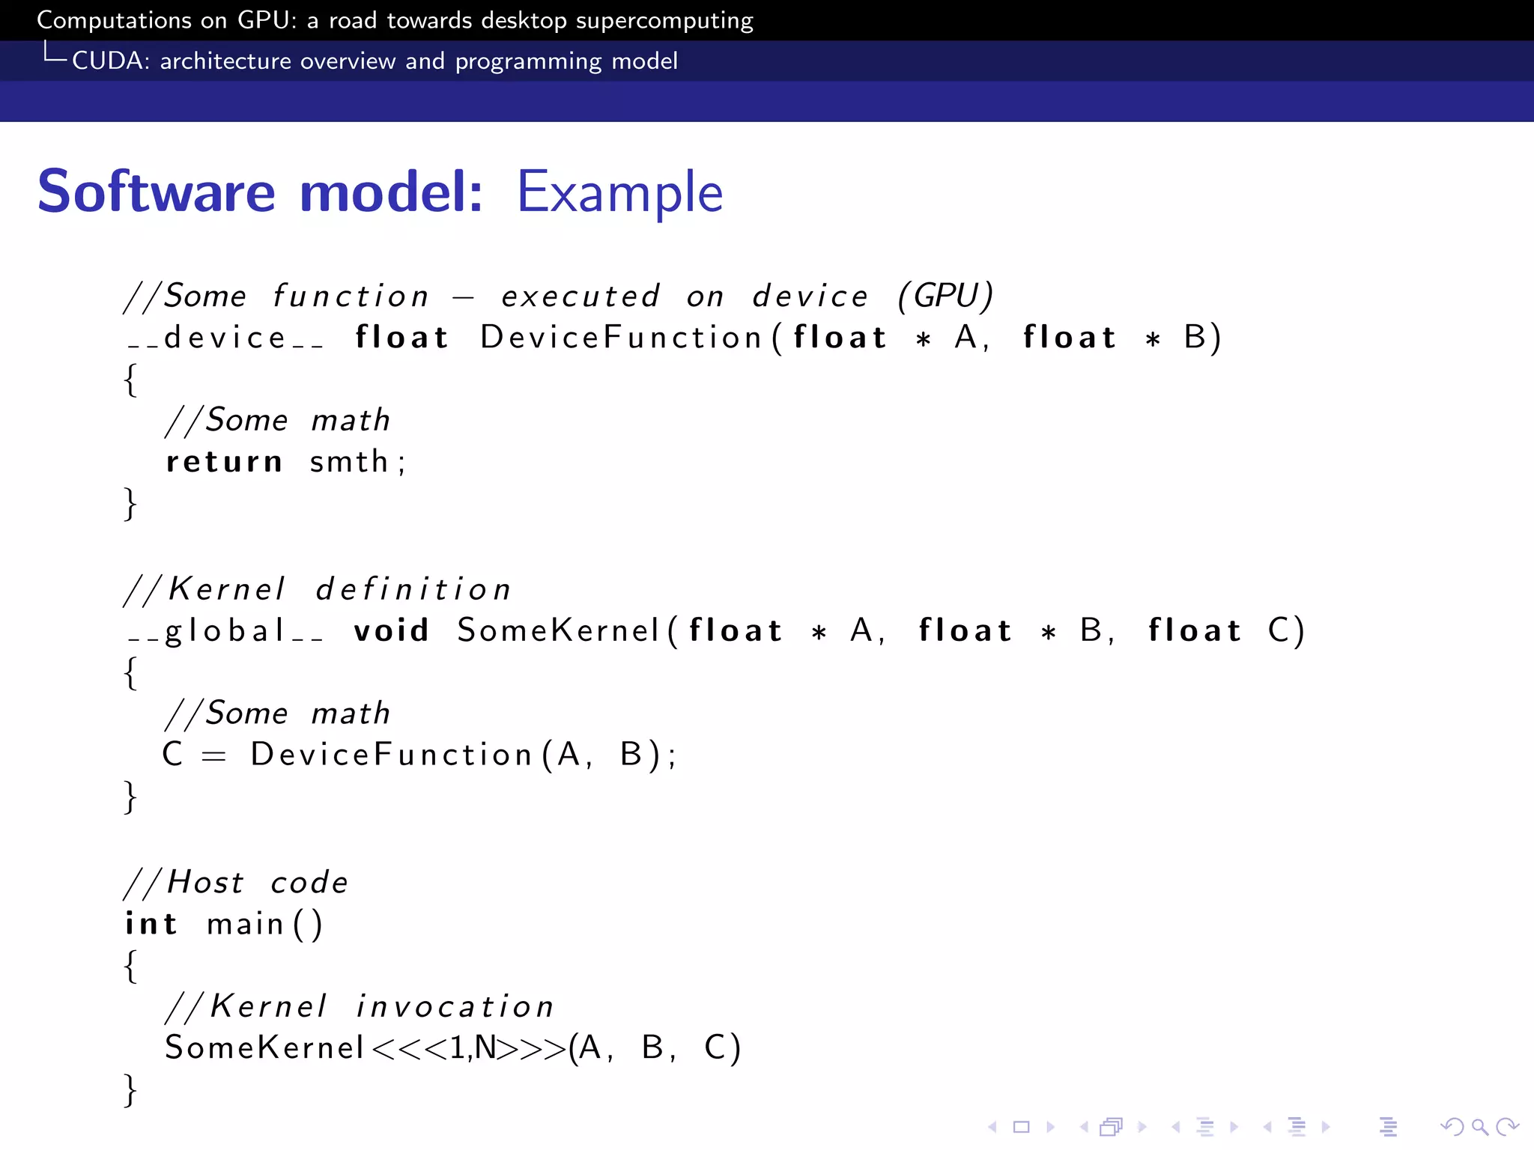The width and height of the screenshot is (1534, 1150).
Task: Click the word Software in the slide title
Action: coord(157,192)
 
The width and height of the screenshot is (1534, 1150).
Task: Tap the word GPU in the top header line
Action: coord(262,20)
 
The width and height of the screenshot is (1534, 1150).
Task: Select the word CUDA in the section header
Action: coord(105,61)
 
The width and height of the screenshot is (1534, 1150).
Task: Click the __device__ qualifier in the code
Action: coord(225,338)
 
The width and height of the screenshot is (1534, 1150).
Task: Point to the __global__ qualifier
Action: coord(225,631)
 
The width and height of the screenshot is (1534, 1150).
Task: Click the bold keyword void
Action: coord(391,630)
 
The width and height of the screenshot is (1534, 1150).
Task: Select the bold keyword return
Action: coord(224,462)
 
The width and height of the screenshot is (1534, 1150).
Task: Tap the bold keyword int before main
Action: coord(151,924)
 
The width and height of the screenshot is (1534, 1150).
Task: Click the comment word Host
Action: coord(205,883)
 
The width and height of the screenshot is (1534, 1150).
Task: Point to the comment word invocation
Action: coord(455,1006)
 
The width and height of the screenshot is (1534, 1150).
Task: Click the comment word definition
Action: coord(413,589)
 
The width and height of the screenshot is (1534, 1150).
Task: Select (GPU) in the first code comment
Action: coord(945,296)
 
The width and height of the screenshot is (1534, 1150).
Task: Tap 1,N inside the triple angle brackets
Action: coord(473,1048)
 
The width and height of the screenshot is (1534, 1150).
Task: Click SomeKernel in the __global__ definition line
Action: coord(558,630)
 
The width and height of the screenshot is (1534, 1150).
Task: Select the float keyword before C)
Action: coord(1195,630)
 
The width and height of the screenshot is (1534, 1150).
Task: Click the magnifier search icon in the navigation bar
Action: coord(1479,1127)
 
